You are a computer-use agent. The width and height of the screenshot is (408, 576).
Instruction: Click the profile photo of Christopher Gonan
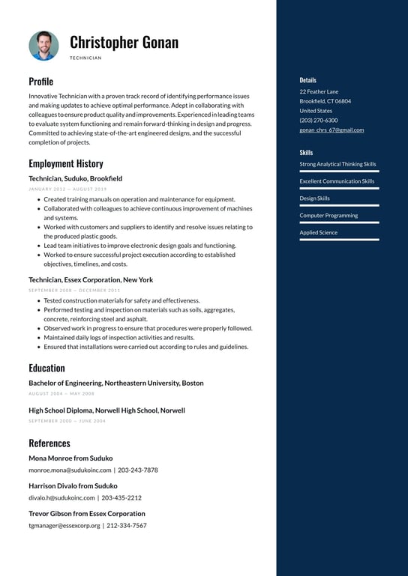43,46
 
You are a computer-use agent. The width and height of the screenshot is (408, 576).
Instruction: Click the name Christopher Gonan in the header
124,42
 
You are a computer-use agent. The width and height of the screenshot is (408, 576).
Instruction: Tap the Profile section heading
40,81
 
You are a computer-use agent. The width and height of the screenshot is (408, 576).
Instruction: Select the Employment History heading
66,163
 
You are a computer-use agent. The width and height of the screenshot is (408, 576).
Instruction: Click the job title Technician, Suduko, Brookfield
75,179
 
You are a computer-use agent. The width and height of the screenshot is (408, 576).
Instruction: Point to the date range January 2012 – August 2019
67,190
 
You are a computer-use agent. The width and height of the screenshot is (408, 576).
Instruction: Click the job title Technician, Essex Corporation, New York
91,280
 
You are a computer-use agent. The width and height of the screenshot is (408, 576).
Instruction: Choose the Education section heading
46,368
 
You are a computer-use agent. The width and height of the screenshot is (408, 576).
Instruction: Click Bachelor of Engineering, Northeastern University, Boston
115,384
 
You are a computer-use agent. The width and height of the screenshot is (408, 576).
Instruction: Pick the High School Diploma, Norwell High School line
106,410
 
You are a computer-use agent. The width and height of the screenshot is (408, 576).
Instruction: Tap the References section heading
49,443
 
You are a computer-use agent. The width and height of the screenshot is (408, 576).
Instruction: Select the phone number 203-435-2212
121,497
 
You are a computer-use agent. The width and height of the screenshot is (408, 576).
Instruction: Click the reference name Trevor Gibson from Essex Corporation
87,514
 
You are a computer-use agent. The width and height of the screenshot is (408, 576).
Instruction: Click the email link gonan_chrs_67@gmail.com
331,130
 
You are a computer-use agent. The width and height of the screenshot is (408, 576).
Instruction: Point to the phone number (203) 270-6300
319,121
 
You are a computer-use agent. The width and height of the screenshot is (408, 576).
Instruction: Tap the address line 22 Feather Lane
319,91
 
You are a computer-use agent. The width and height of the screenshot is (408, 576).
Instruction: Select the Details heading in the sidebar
307,80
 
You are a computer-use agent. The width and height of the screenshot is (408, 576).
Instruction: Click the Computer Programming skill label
328,216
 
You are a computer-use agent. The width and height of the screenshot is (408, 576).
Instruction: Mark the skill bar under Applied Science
339,240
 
